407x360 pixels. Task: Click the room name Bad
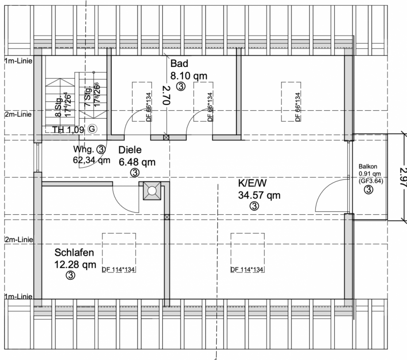pos(180,64)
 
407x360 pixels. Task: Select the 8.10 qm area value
pos(189,75)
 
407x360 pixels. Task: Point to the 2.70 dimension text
pos(166,95)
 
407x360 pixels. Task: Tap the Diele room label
pos(130,150)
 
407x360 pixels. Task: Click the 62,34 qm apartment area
pos(92,160)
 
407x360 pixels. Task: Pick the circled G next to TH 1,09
pos(92,129)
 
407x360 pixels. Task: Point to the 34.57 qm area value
pos(259,194)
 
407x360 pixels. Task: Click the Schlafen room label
pos(74,253)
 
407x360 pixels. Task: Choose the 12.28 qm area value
pos(75,265)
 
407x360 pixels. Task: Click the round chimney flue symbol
pos(151,191)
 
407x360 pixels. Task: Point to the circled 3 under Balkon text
pos(368,190)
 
